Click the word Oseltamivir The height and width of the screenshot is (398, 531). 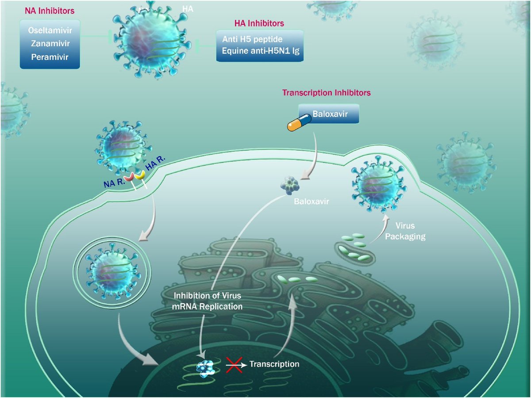[x=50, y=32]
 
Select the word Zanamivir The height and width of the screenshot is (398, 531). [x=50, y=44]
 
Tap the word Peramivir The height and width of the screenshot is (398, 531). [x=50, y=57]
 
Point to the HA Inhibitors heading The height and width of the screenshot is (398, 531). [x=259, y=23]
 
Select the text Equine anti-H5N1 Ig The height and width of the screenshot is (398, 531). [x=260, y=50]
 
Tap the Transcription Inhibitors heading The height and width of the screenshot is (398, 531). [x=327, y=93]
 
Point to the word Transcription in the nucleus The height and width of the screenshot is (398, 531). [x=274, y=364]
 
